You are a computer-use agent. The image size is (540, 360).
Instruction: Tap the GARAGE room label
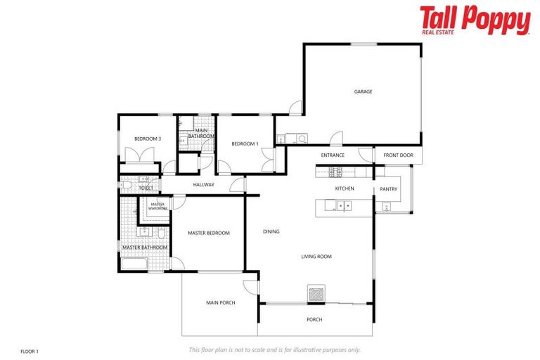[x=363, y=91]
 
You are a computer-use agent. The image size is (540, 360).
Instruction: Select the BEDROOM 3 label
[x=148, y=139]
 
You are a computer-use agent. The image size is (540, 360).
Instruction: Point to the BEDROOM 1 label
[x=245, y=144]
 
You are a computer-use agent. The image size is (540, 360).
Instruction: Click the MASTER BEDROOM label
[x=208, y=233]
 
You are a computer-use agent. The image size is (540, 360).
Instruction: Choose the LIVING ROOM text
[x=316, y=257]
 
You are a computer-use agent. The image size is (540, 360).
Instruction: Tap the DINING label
[x=271, y=231]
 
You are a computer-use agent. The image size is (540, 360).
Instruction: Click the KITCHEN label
[x=345, y=188]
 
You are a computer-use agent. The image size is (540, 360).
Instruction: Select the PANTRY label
[x=388, y=189]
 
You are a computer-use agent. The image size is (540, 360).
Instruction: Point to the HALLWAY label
[x=203, y=185]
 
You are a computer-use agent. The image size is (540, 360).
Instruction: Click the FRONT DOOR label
[x=398, y=155]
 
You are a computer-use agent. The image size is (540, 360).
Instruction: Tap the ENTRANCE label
[x=333, y=155]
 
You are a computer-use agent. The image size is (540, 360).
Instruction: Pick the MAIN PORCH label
[x=220, y=303]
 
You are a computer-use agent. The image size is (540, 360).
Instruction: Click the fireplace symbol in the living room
[x=316, y=292]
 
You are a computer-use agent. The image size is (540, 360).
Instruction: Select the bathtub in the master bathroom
[x=134, y=265]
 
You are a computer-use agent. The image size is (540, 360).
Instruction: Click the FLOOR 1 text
[x=29, y=350]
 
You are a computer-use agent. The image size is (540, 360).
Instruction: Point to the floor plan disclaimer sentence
[x=274, y=349]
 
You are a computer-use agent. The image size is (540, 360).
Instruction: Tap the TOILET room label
[x=146, y=188]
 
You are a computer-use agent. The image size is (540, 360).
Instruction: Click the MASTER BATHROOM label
[x=145, y=247]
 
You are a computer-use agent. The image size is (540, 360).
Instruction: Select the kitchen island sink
[x=344, y=205]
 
